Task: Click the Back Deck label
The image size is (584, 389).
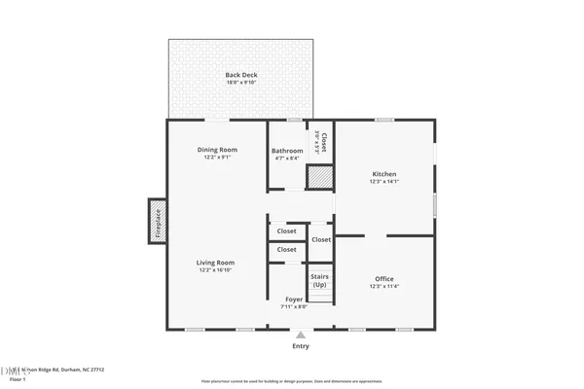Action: coord(241,75)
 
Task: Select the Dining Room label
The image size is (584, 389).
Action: coord(217,150)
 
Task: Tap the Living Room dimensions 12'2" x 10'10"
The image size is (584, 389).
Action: coord(216,269)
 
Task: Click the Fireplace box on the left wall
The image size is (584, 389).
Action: coord(156,223)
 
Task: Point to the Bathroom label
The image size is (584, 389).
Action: coord(287,151)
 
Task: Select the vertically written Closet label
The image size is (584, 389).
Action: coord(324,143)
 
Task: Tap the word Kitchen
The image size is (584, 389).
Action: coord(383,174)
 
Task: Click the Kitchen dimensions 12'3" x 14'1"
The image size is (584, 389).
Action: coord(383,182)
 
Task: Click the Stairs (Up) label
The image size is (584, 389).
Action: coord(319,280)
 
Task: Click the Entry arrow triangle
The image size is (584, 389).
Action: coord(300,334)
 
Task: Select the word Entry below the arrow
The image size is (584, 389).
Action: coord(300,346)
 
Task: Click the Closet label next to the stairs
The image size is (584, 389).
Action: coord(321,239)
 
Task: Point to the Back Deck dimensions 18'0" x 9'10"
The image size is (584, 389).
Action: coord(241,83)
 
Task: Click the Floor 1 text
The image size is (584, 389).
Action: coord(18,379)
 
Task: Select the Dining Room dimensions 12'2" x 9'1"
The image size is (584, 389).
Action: coord(217,158)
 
